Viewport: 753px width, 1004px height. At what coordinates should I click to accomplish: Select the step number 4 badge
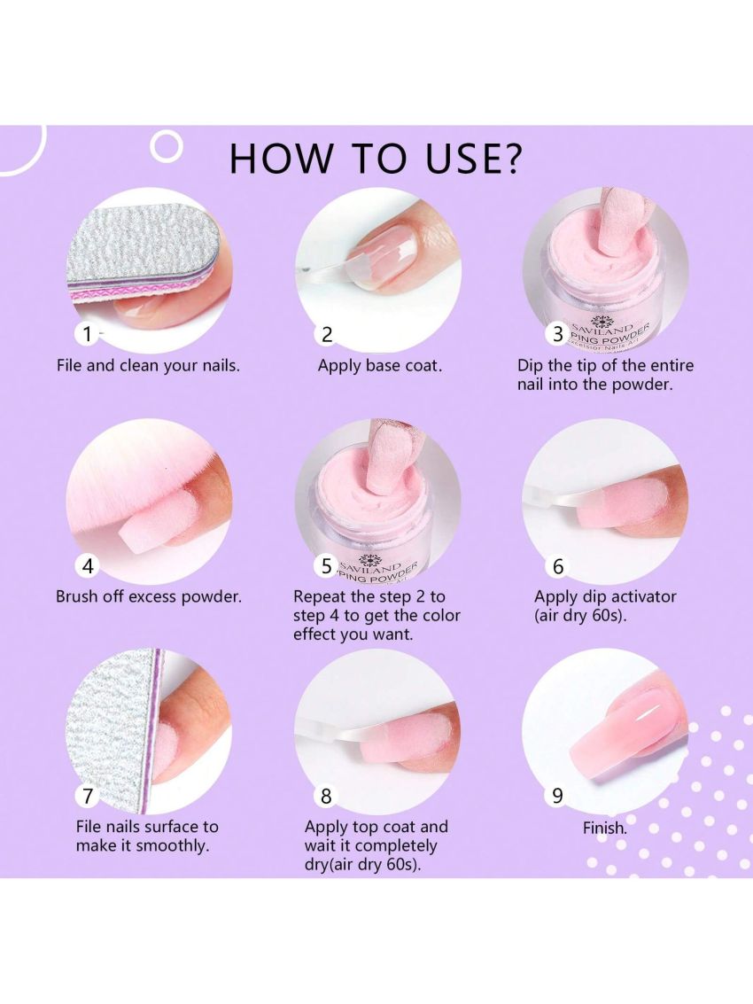tap(88, 566)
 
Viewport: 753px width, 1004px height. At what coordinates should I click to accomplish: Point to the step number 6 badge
tap(558, 566)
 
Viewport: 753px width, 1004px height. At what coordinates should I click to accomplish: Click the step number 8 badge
tap(327, 796)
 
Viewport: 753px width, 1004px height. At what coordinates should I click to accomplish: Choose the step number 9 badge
tap(558, 796)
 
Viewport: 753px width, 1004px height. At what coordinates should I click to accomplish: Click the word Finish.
tap(604, 828)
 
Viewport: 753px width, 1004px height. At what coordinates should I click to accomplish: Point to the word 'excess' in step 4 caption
tap(152, 596)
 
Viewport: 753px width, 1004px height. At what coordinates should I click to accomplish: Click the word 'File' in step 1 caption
tap(69, 366)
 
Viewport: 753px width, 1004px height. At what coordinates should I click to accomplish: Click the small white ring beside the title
tap(167, 146)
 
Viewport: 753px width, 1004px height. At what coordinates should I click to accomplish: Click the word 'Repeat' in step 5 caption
tap(324, 596)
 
